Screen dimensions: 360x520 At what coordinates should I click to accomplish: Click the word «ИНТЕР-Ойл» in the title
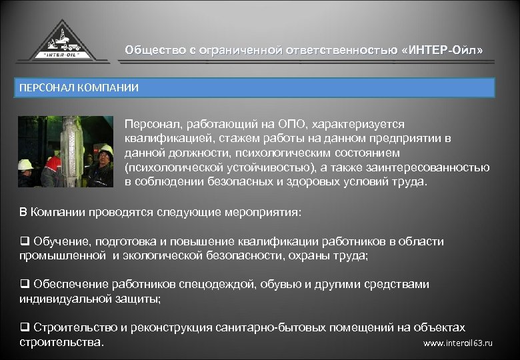(440, 50)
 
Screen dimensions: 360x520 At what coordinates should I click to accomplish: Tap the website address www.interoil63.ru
(458, 343)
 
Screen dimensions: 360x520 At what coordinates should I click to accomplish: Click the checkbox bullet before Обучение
(24, 241)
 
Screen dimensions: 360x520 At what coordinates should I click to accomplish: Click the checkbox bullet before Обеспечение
(24, 285)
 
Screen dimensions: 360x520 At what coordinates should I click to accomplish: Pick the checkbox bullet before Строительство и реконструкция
(24, 328)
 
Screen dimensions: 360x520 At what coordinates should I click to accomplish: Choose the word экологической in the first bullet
(157, 255)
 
